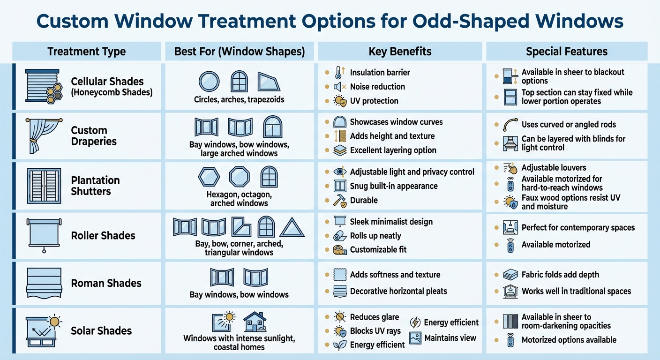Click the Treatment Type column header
point(87,52)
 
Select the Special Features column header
point(566,52)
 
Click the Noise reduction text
point(377,87)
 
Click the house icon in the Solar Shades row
point(255,322)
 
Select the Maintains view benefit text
point(450,338)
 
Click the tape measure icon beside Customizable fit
point(339,250)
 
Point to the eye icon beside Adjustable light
point(339,172)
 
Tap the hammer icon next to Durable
point(339,200)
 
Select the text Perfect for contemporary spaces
point(578,228)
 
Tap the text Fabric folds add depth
point(560,275)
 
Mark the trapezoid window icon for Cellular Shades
point(269,82)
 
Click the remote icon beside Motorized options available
point(510,340)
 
